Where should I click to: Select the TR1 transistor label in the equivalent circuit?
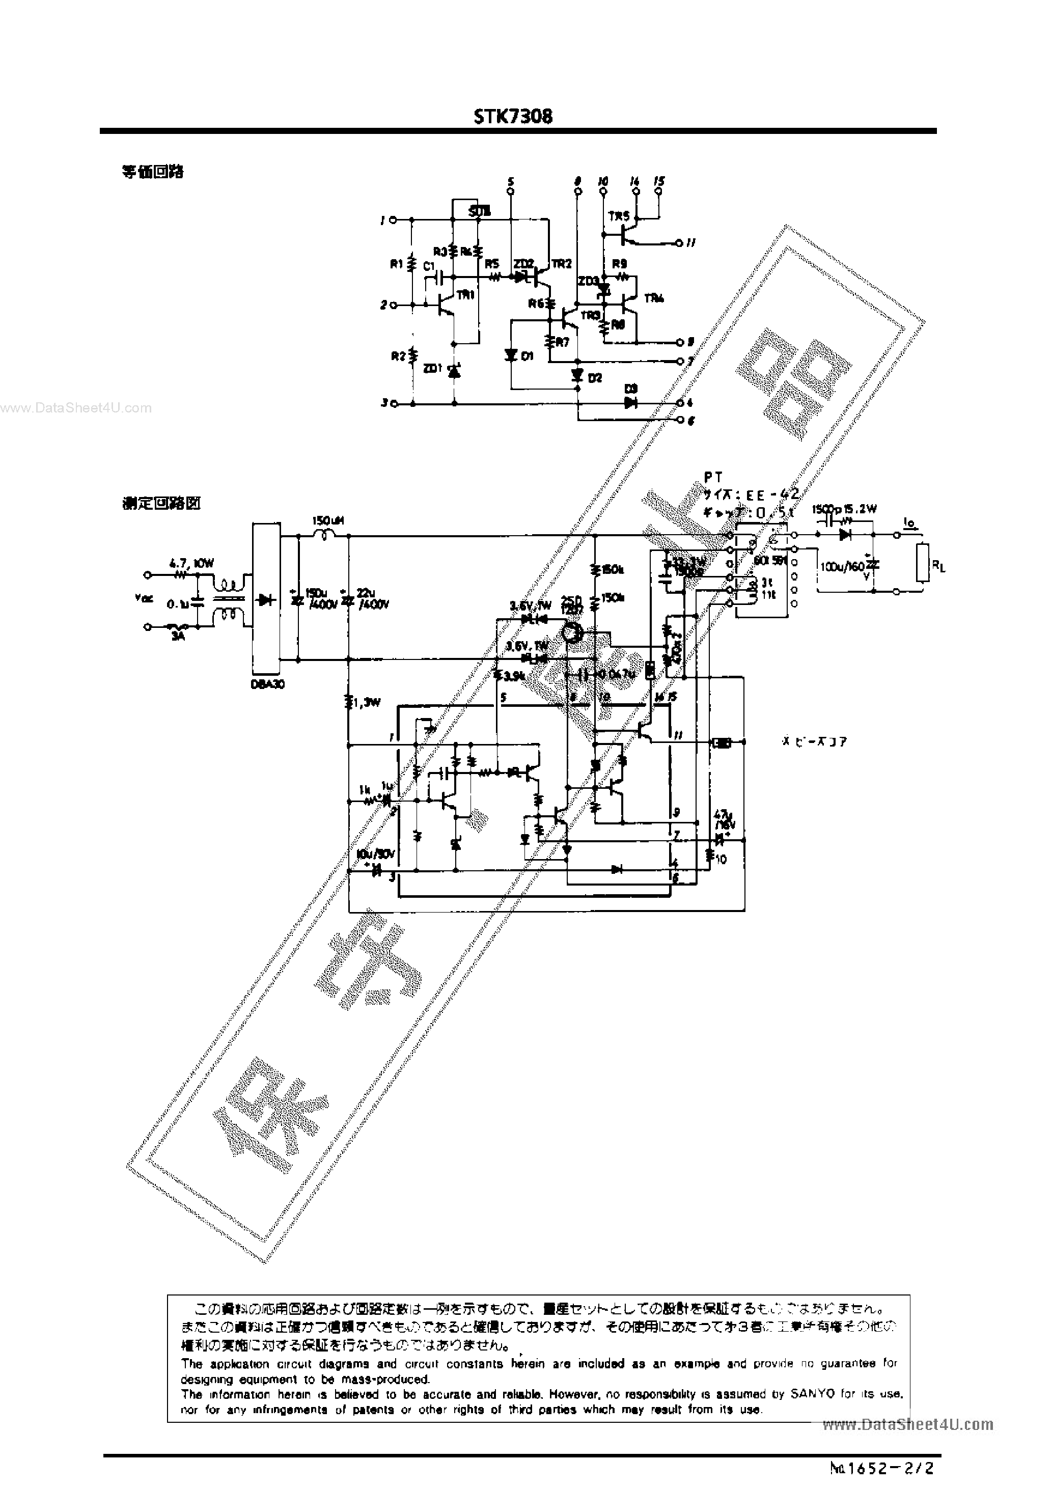point(465,294)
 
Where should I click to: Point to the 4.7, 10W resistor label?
point(192,564)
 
